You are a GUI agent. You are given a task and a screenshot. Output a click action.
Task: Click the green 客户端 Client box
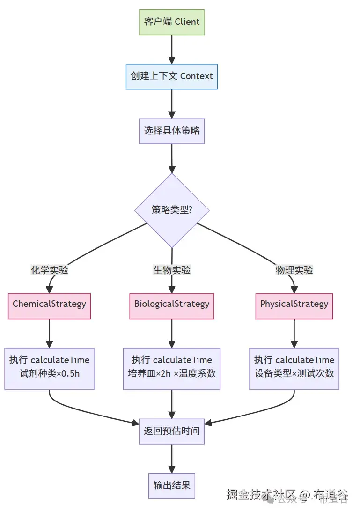tap(172, 22)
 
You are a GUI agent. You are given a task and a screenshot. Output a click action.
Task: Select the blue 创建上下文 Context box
tap(172, 76)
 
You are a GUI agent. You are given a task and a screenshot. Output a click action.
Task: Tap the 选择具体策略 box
tap(172, 131)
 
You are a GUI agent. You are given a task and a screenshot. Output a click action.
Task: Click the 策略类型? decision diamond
tap(172, 210)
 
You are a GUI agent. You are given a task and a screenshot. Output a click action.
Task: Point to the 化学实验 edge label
tap(50, 270)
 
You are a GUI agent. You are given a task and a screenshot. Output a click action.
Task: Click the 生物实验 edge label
tap(172, 270)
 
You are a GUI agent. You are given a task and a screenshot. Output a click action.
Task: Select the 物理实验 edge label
tap(294, 270)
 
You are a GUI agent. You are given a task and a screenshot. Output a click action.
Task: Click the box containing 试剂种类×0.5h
tap(50, 369)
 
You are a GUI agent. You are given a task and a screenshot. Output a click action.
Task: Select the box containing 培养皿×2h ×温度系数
tap(172, 369)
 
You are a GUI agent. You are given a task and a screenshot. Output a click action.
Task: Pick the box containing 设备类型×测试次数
tap(294, 369)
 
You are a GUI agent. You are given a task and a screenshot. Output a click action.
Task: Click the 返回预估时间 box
tap(172, 431)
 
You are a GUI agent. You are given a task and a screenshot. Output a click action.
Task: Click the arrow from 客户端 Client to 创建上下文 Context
tap(172, 49)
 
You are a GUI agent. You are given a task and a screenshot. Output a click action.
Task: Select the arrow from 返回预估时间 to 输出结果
tap(172, 458)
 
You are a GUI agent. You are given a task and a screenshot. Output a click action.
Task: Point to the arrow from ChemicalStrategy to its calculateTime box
tap(50, 333)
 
